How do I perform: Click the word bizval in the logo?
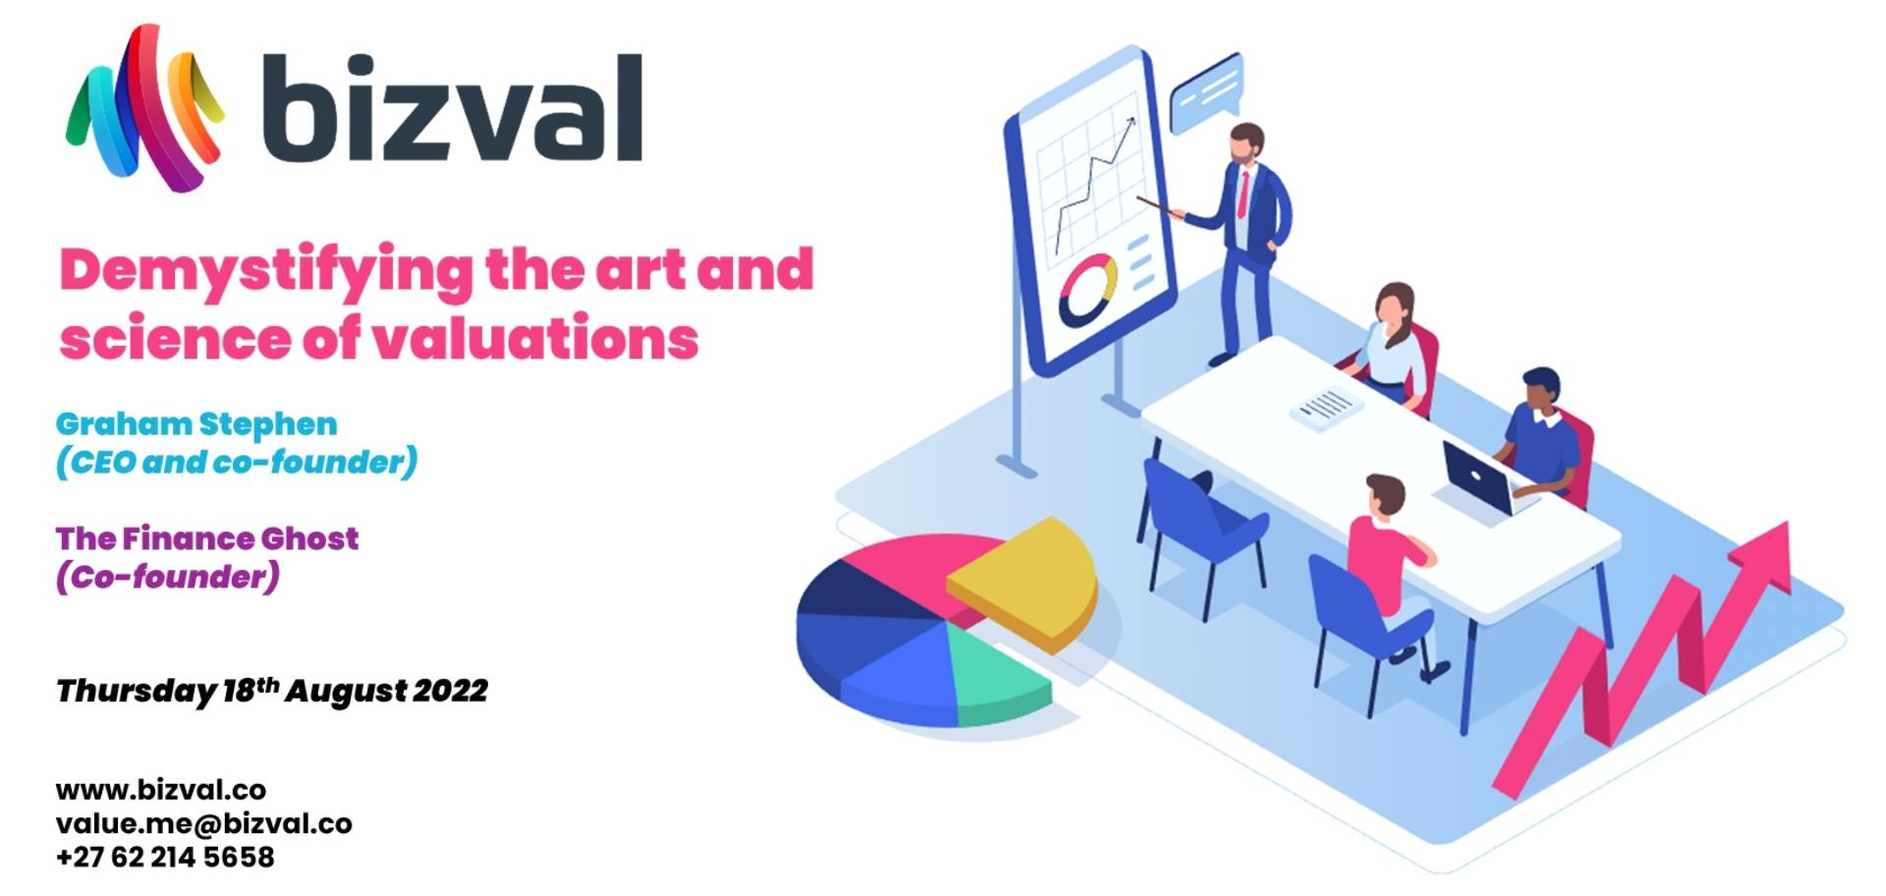(x=453, y=107)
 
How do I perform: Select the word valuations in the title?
(x=535, y=338)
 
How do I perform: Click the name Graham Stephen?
(x=196, y=424)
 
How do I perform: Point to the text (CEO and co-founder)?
(x=237, y=462)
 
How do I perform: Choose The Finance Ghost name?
(x=207, y=538)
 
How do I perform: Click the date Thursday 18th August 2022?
(x=272, y=691)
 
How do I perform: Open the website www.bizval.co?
(x=161, y=790)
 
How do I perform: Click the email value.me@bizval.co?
(x=204, y=823)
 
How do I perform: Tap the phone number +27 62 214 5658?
(x=165, y=857)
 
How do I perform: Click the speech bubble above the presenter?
(x=1207, y=93)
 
